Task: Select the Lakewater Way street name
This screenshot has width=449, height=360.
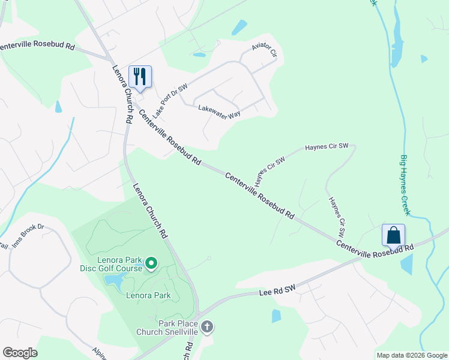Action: coord(220,112)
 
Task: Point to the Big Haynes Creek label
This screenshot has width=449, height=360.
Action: coord(405,185)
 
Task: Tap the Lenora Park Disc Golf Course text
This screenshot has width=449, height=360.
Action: coord(111,264)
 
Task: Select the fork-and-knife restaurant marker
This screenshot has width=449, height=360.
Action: coord(140,76)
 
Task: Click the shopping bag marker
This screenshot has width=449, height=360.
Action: coord(393,235)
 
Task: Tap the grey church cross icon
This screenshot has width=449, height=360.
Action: coord(207,327)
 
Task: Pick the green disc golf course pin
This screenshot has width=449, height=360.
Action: coord(151,263)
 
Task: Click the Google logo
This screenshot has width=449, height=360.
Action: coord(20,353)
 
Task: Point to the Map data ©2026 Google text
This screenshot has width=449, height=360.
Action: coord(412,355)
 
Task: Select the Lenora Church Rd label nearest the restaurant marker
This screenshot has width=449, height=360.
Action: coord(122,94)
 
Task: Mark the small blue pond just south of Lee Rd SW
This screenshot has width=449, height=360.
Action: coord(276,316)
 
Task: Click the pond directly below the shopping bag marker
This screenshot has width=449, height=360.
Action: coord(406,264)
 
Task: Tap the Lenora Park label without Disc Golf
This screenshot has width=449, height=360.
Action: coord(148,295)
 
